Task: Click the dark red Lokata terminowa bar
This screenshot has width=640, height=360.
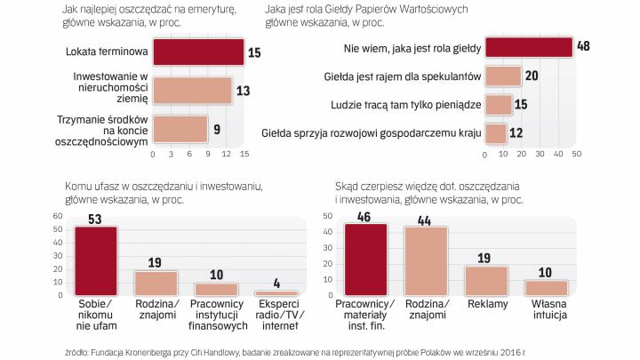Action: [198, 52]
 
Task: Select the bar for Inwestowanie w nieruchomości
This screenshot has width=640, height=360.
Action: [192, 90]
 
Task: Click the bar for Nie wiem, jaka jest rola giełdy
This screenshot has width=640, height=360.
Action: [532, 47]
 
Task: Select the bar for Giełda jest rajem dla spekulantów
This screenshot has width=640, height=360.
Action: [504, 76]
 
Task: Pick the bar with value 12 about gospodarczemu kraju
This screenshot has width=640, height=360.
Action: [496, 133]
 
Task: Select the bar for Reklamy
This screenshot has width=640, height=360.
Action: [486, 280]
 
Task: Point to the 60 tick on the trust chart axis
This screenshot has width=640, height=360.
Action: [57, 216]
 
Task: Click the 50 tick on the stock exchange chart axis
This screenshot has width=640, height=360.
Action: [576, 153]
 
